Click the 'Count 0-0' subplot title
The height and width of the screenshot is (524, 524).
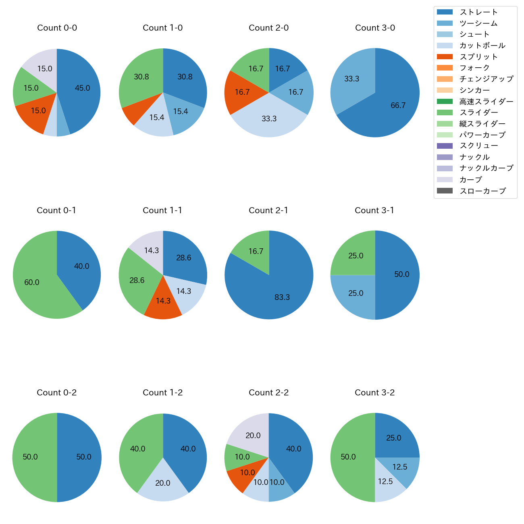coord(57,28)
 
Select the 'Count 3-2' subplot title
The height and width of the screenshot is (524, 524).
coord(374,393)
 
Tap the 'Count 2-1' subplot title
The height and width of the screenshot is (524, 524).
coord(268,210)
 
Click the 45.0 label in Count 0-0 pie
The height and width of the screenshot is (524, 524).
coord(82,88)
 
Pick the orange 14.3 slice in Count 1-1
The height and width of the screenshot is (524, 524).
coord(163,300)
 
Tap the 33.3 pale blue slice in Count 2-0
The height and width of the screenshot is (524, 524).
coord(269,118)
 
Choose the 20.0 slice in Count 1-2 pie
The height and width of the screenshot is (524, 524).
coord(163,482)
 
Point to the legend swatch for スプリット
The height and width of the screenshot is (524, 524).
coord(445,57)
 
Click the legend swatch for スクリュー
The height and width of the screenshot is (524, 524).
coord(445,146)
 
